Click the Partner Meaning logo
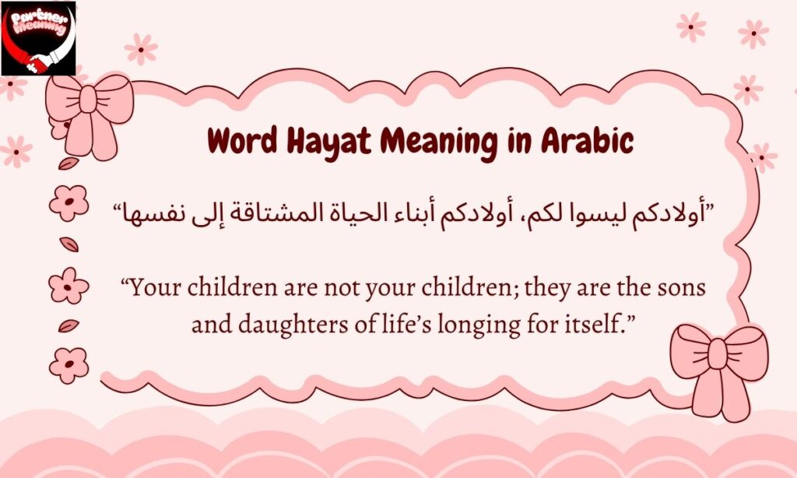click(x=38, y=38)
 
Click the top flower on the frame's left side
click(x=69, y=203)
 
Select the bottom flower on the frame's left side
click(x=69, y=364)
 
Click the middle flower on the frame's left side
click(x=69, y=285)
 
